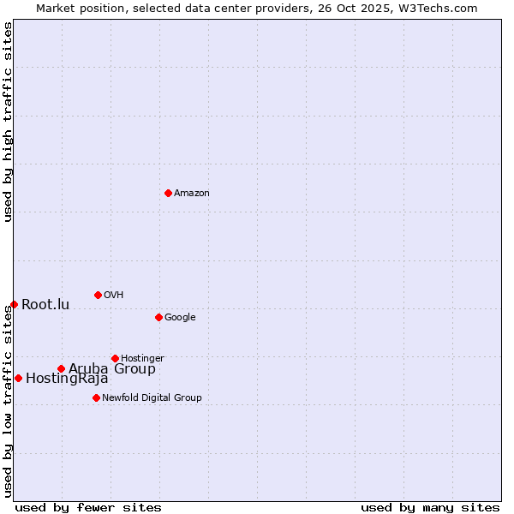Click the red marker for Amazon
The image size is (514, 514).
[x=168, y=193]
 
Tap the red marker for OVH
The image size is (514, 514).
[x=98, y=295]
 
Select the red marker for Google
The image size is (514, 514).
[x=158, y=317]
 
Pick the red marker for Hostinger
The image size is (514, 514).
[x=115, y=358]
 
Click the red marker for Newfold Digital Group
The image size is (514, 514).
[x=96, y=397]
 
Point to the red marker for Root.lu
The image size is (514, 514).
[x=14, y=304]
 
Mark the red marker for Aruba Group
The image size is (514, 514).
[x=61, y=368]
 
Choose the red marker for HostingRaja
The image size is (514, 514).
[x=18, y=378]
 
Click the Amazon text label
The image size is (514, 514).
[x=192, y=194]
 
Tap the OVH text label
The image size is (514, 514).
[x=114, y=296]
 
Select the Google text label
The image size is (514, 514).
[x=180, y=318]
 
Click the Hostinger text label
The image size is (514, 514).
[x=142, y=358]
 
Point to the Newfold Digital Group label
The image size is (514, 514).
[x=152, y=397]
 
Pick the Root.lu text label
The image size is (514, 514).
[x=45, y=305]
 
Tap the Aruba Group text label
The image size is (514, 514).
[x=112, y=369]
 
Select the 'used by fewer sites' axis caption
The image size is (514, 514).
[x=88, y=507]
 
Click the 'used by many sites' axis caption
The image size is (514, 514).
[x=430, y=507]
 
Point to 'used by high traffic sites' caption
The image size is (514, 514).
[x=8, y=122]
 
